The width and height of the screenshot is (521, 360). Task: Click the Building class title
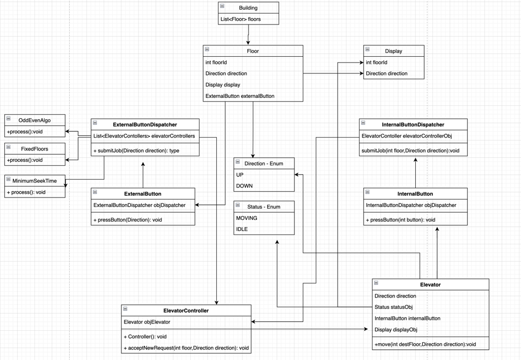click(248, 8)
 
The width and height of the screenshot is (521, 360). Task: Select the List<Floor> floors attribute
click(241, 19)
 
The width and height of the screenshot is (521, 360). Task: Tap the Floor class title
click(253, 51)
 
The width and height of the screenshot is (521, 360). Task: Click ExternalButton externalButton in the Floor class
click(240, 96)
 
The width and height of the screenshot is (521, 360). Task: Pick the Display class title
click(393, 51)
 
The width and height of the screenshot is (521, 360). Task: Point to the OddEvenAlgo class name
click(34, 120)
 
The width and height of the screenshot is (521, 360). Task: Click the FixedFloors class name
click(34, 149)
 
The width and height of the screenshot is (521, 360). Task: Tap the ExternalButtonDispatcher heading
click(145, 125)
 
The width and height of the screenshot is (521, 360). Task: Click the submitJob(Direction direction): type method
click(137, 151)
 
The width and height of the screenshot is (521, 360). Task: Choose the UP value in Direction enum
click(240, 175)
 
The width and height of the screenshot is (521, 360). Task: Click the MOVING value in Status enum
click(246, 218)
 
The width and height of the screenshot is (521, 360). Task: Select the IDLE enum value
click(242, 229)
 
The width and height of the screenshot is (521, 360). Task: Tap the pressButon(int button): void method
click(401, 220)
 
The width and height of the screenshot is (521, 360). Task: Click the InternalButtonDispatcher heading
click(413, 125)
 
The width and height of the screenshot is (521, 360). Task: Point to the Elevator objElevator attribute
click(147, 322)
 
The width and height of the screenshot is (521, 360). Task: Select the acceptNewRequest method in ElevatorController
click(186, 347)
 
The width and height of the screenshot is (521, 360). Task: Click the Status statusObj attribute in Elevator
click(393, 307)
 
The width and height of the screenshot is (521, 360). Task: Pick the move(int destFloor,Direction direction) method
click(425, 344)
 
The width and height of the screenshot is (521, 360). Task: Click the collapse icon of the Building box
click(222, 6)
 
